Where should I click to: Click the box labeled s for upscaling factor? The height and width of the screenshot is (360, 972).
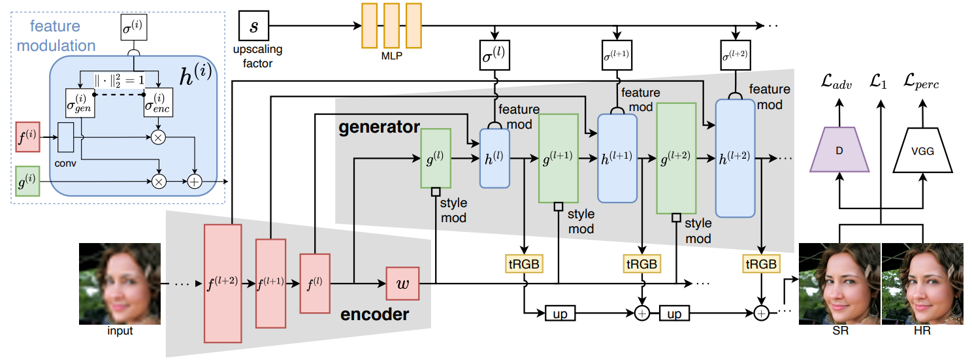pos(254,25)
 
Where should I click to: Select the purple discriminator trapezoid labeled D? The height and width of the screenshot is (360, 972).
pos(839,150)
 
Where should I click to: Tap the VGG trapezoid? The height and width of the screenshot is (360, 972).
pos(922,150)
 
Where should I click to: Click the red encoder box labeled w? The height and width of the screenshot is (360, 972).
pos(402,284)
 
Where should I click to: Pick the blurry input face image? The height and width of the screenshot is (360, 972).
pos(120,284)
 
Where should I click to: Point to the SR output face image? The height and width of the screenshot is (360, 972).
pos(839,284)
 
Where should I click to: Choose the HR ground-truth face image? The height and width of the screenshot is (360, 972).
pos(922,284)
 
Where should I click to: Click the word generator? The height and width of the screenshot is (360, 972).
pos(379,127)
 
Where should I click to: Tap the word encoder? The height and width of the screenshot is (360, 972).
pos(374,314)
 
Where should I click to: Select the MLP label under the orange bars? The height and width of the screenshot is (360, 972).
pos(391,56)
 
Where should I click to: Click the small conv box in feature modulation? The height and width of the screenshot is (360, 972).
pos(65,137)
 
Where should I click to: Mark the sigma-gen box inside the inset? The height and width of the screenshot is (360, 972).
pos(80,103)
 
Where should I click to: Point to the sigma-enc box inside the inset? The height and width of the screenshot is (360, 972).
pos(158,103)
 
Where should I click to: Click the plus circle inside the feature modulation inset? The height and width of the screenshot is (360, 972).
pos(195,182)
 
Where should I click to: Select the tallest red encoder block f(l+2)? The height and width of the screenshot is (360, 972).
pos(223,284)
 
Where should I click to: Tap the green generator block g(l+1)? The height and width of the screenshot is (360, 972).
pos(559,159)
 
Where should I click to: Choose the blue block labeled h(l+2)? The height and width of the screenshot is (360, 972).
pos(735,159)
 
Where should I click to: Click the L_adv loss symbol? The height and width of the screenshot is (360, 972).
pos(836,81)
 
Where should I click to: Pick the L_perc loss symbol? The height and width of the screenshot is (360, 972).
pos(921,81)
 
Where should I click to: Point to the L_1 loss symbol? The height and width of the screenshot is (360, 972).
pos(879,81)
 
